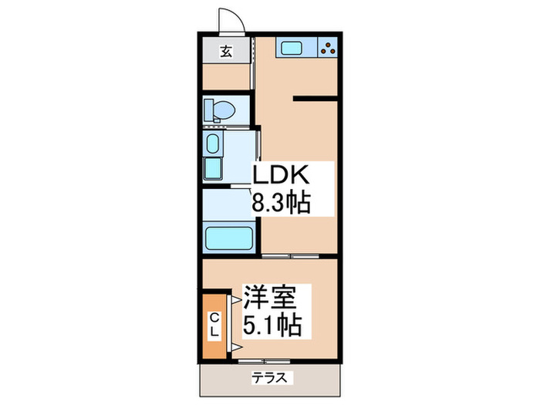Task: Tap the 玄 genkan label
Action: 226,52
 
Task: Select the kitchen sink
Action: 293,49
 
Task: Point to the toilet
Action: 221,109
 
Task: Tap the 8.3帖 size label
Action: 282,203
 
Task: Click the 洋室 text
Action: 275,296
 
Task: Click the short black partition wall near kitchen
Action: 315,98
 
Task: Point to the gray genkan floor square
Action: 226,52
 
